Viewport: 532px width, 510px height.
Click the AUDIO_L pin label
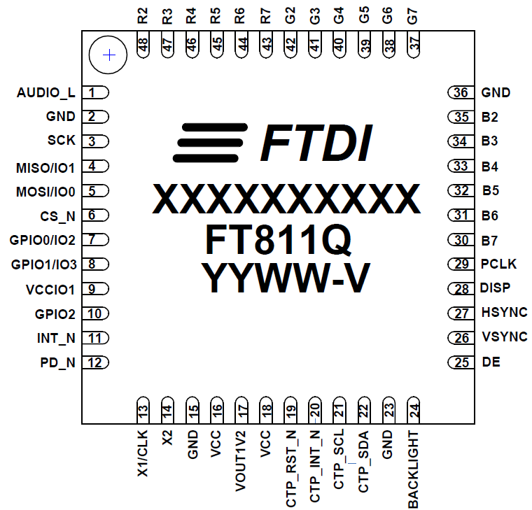(45, 92)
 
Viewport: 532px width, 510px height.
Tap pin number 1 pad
(95, 92)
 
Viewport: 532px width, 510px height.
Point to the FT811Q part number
(278, 239)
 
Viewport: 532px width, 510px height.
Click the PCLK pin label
(499, 264)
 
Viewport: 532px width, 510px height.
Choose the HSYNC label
(504, 313)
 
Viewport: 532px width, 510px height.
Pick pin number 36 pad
(461, 92)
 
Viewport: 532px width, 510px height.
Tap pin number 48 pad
(143, 46)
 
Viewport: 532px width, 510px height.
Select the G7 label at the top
(413, 15)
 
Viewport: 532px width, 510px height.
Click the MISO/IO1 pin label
(45, 167)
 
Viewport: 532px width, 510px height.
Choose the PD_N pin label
(57, 363)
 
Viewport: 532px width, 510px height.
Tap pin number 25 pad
(461, 362)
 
